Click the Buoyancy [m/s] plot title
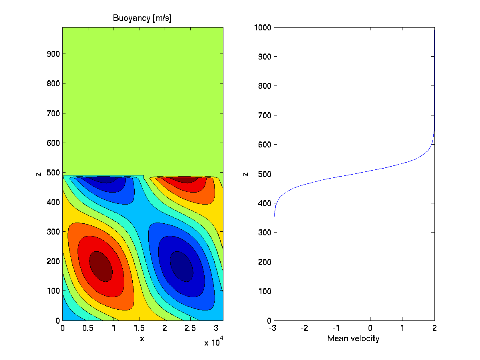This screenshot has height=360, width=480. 142,18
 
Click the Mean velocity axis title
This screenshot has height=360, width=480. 353,339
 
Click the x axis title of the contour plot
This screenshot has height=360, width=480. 142,339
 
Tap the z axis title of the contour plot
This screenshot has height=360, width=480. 39,174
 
